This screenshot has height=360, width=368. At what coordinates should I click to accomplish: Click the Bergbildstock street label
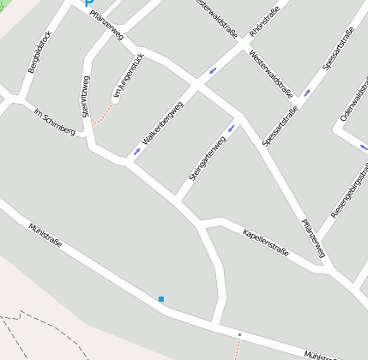(40, 51)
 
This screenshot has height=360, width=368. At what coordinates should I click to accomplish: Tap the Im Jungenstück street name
(127, 79)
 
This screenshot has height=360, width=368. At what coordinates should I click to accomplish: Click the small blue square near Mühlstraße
(160, 299)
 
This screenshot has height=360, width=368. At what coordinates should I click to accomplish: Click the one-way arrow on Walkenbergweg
(136, 152)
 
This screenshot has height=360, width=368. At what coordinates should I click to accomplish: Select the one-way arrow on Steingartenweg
(231, 129)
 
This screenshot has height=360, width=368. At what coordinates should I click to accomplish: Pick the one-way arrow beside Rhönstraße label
(212, 70)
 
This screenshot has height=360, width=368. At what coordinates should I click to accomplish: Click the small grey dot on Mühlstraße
(240, 334)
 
